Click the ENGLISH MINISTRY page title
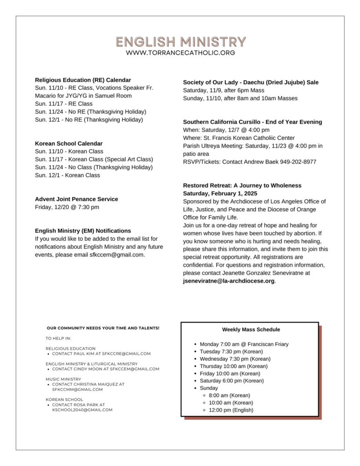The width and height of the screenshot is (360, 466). [181, 42]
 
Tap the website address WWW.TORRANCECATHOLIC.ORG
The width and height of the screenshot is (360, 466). [181, 53]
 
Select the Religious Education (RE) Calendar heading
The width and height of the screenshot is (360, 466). [83, 80]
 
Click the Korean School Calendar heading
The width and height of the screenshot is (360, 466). [69, 143]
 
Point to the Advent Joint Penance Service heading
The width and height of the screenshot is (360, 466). [76, 199]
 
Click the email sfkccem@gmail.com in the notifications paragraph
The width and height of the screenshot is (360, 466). [117, 255]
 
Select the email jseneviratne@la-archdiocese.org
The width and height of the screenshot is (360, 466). [229, 281]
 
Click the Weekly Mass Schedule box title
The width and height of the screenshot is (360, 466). [251, 329]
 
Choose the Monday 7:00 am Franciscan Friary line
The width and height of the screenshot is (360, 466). [244, 344]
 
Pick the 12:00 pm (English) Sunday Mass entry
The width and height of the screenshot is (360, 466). [231, 410]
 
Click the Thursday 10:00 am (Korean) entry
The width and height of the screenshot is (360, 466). [233, 366]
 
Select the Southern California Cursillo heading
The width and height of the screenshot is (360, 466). [252, 122]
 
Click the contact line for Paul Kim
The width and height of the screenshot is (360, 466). [101, 354]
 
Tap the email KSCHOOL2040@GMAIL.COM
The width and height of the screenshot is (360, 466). [82, 410]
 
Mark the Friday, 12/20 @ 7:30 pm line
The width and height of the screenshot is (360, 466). [67, 207]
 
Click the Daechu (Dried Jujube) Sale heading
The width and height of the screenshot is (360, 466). [251, 82]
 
